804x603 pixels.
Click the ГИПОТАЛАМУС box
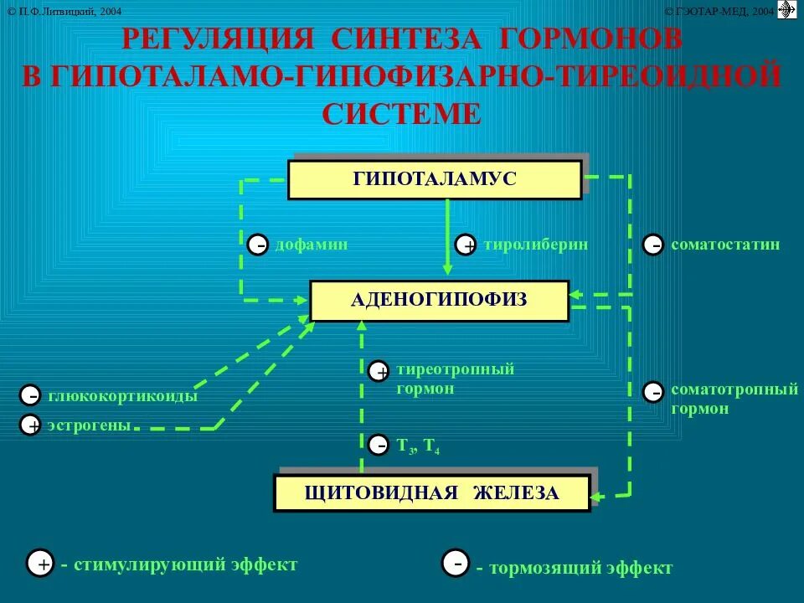pyautogui.click(x=434, y=179)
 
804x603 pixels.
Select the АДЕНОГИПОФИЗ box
pyautogui.click(x=439, y=300)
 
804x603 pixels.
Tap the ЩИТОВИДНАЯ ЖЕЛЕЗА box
pyautogui.click(x=431, y=493)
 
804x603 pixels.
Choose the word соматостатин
pyautogui.click(x=725, y=245)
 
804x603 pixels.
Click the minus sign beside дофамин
pyautogui.click(x=259, y=245)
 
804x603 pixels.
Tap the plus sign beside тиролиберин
pyautogui.click(x=466, y=245)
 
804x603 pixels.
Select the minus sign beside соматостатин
pyautogui.click(x=654, y=245)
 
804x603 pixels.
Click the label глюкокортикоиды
pyautogui.click(x=123, y=396)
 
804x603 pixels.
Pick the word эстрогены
pyautogui.click(x=90, y=425)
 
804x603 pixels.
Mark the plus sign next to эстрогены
pyautogui.click(x=31, y=425)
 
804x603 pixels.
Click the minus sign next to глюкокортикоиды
pyautogui.click(x=31, y=395)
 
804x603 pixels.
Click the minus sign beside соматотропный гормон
pyautogui.click(x=654, y=391)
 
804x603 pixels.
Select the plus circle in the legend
pyautogui.click(x=40, y=564)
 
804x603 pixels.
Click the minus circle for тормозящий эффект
pyautogui.click(x=456, y=564)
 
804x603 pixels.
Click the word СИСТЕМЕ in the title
pyautogui.click(x=402, y=113)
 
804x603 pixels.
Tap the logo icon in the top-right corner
pyautogui.click(x=786, y=10)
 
